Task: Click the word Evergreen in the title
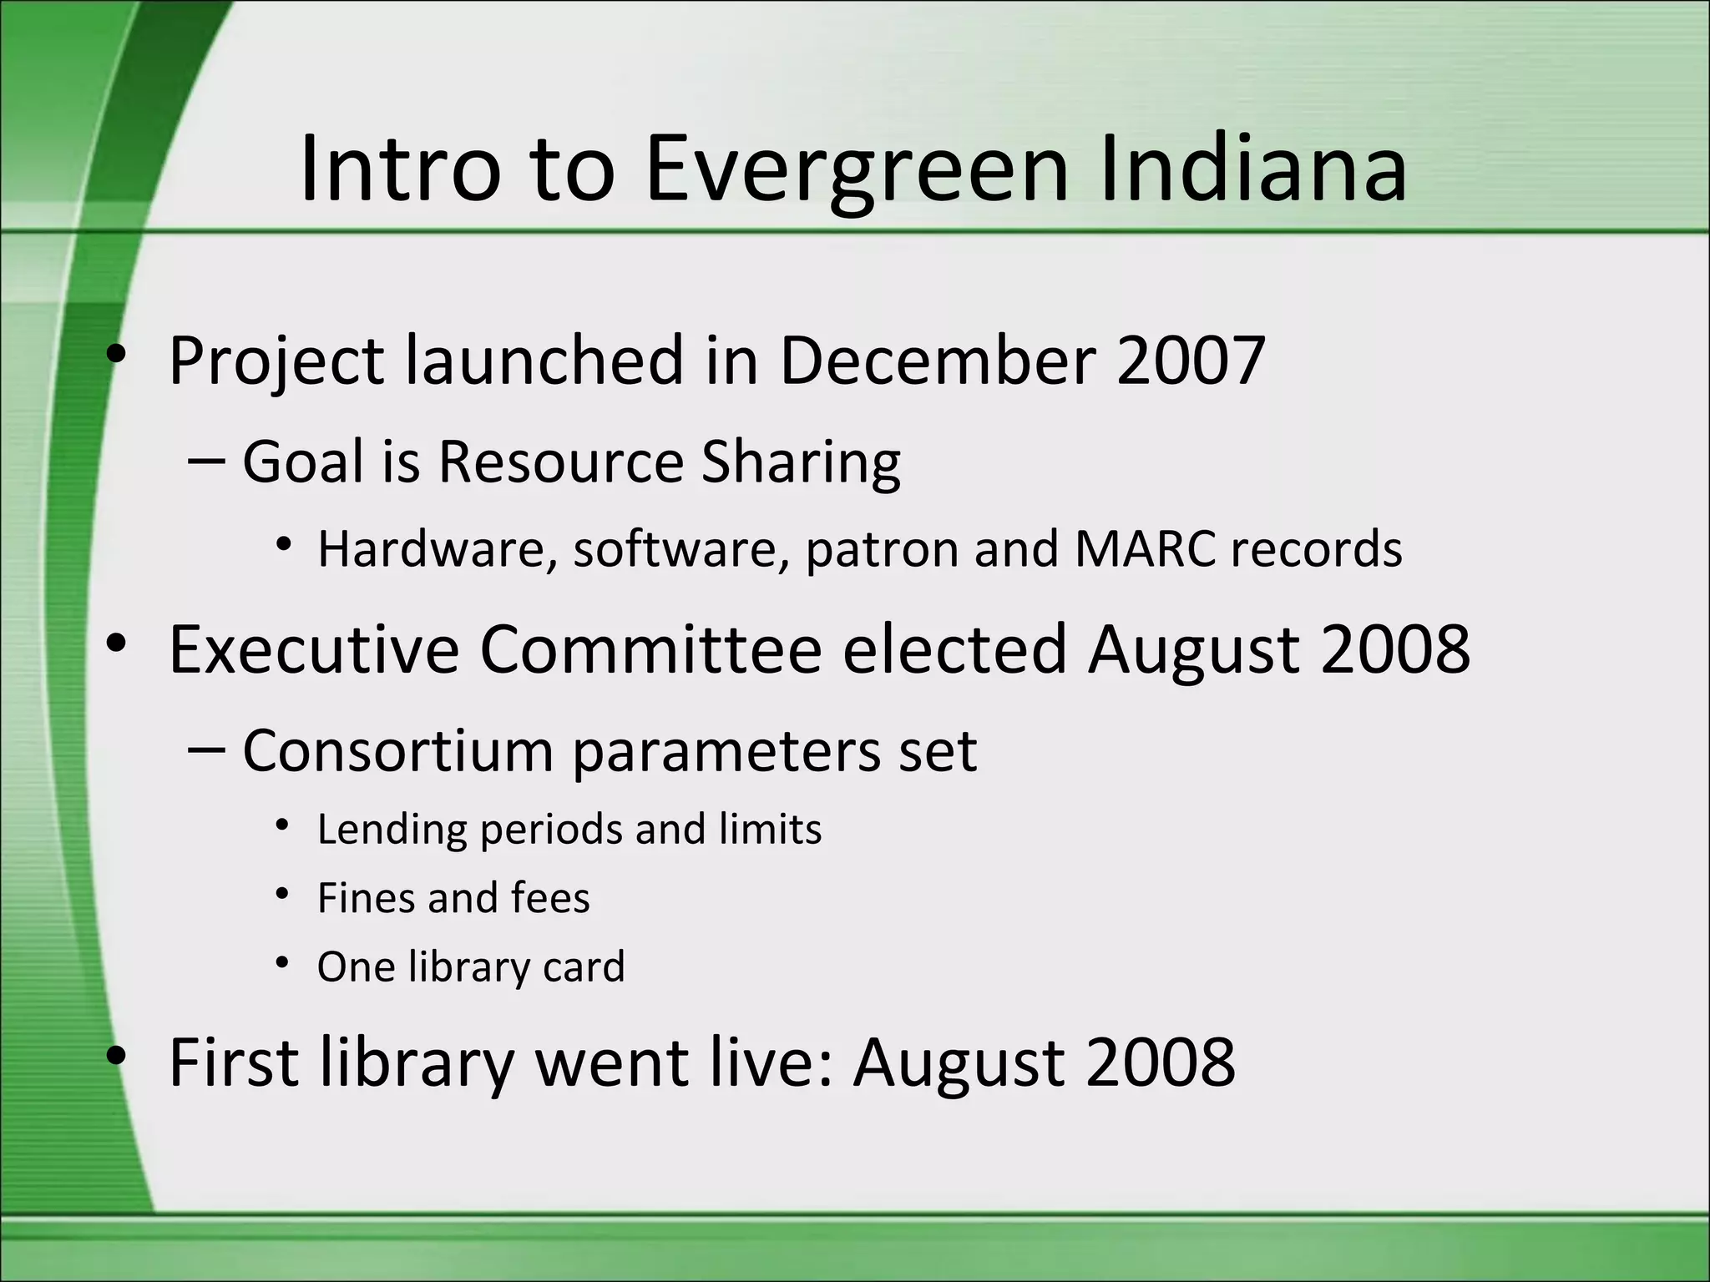click(x=857, y=171)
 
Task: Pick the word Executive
click(x=314, y=649)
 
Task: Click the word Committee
click(x=650, y=649)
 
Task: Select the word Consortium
click(x=397, y=750)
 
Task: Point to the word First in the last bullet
click(x=234, y=1062)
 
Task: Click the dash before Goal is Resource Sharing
click(x=206, y=462)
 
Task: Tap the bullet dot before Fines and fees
click(x=283, y=895)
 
